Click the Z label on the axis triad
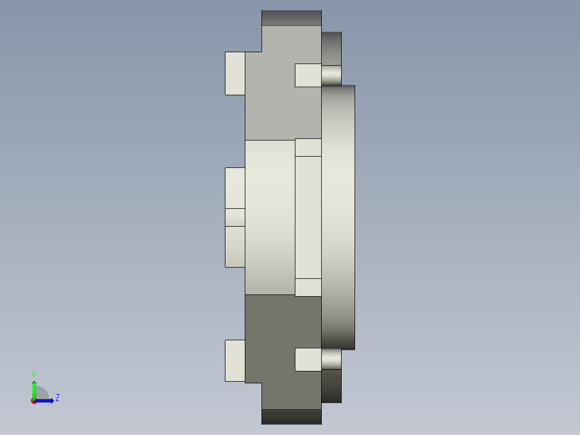click(58, 398)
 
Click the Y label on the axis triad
click(34, 374)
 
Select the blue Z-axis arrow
click(46, 401)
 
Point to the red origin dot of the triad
click(34, 401)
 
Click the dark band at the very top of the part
click(291, 18)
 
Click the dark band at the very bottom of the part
click(291, 417)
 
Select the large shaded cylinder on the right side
click(338, 217)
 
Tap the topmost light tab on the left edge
click(235, 73)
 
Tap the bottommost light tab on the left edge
click(235, 361)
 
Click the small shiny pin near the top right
click(331, 75)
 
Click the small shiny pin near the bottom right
click(331, 359)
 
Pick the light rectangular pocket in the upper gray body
click(308, 75)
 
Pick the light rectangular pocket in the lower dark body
click(308, 360)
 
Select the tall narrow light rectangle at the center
click(308, 217)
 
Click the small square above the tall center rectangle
click(308, 148)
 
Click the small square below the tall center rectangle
click(308, 287)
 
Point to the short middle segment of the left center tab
click(235, 217)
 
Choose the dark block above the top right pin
click(331, 48)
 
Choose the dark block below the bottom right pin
click(331, 386)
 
